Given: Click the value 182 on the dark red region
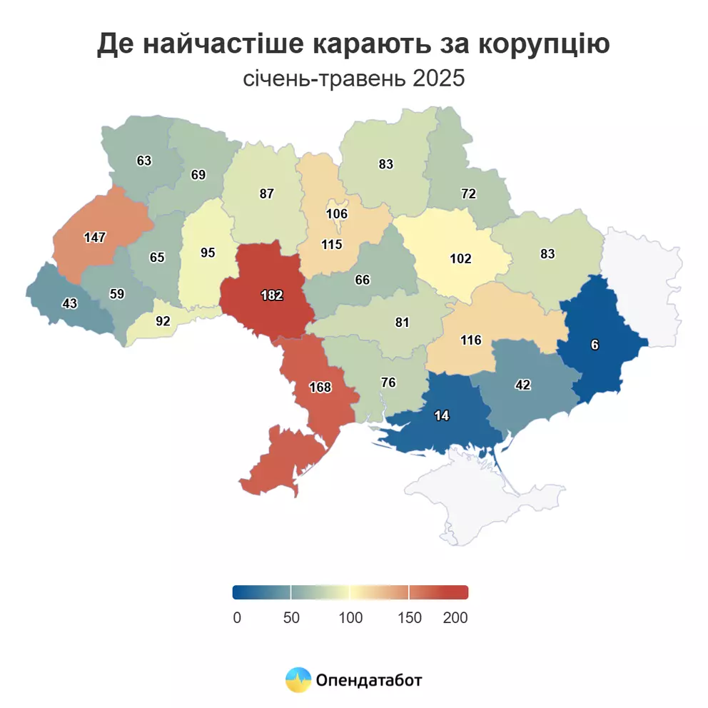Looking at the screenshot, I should tap(272, 295).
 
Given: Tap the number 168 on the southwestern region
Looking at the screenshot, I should tap(320, 388).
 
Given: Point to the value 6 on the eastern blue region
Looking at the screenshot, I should tap(595, 345).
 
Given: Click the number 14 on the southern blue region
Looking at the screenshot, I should tap(442, 415).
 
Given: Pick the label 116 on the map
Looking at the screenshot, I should tap(471, 340).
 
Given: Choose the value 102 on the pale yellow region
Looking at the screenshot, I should tap(460, 258).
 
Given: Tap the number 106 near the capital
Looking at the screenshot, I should tap(336, 213).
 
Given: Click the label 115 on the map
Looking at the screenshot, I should tap(332, 244).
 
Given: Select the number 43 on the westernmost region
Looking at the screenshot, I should tap(69, 303).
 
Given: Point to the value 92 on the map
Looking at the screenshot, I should tap(163, 321).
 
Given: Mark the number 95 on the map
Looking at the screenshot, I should tap(208, 253).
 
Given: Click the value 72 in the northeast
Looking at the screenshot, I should tap(468, 193).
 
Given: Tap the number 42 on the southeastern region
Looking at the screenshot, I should tap(524, 384).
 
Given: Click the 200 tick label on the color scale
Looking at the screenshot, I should tap(455, 618).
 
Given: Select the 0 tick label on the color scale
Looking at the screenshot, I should tap(237, 618).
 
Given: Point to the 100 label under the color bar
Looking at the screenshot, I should tap(350, 618).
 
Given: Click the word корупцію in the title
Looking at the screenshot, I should tap(542, 44).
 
